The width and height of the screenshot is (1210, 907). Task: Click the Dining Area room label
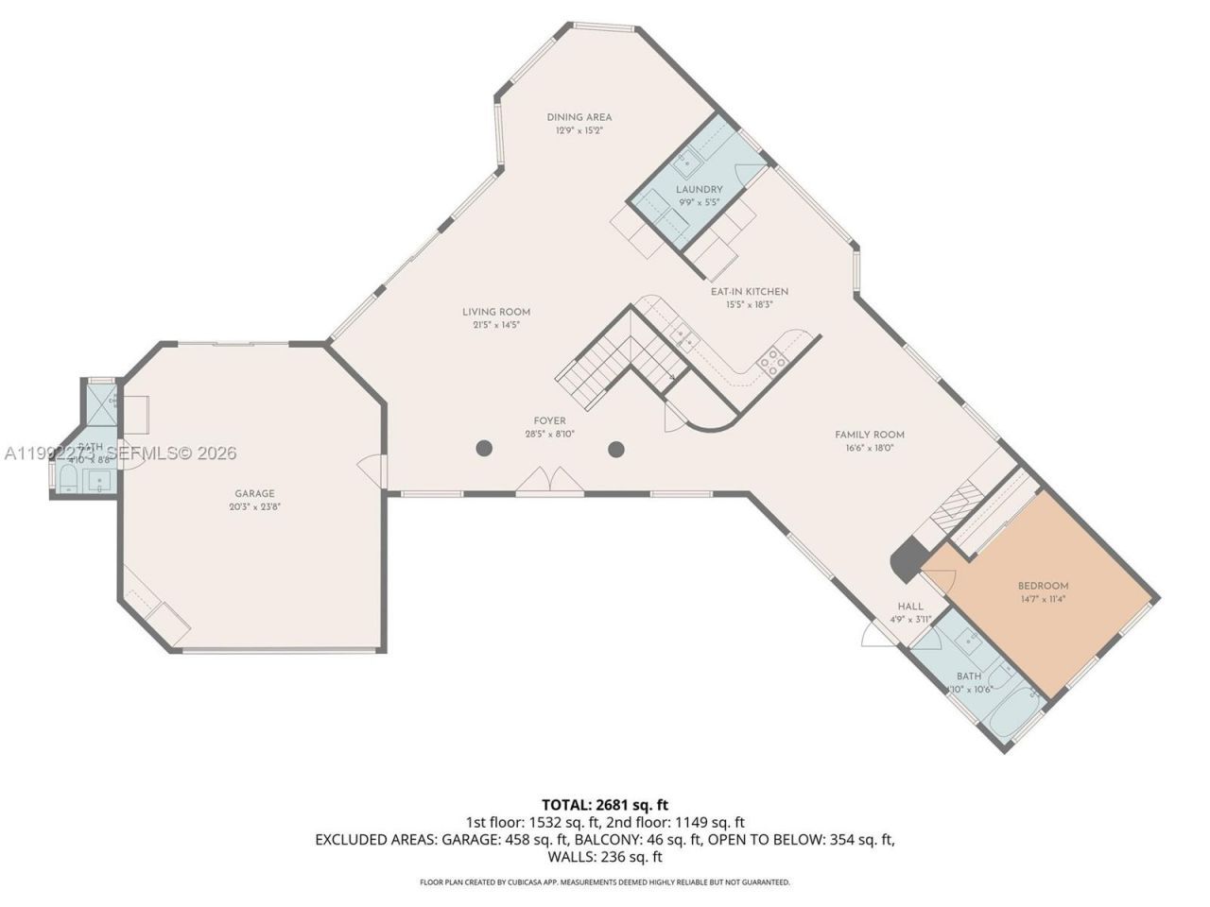pyautogui.click(x=579, y=117)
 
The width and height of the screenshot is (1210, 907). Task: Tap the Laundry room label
pyautogui.click(x=699, y=189)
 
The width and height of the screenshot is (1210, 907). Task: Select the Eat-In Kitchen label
pyautogui.click(x=749, y=292)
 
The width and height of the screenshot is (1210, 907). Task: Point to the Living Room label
pyautogui.click(x=495, y=312)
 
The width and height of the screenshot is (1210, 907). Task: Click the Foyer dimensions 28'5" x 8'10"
pyautogui.click(x=549, y=435)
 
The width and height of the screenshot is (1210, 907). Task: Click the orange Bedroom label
pyautogui.click(x=1043, y=586)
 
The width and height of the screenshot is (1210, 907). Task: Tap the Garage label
pyautogui.click(x=254, y=493)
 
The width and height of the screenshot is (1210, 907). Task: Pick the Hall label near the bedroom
pyautogui.click(x=910, y=607)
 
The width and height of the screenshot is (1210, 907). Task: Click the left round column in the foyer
pyautogui.click(x=484, y=449)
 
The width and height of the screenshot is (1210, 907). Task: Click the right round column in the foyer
pyautogui.click(x=616, y=449)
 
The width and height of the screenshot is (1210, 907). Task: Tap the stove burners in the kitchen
pyautogui.click(x=771, y=361)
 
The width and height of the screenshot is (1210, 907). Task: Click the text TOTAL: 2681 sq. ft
pyautogui.click(x=604, y=805)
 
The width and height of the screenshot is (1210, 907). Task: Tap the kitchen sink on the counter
pyautogui.click(x=683, y=336)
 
